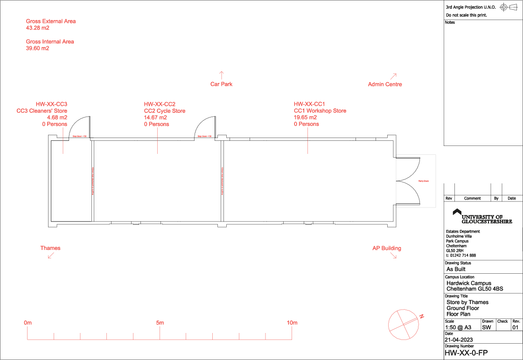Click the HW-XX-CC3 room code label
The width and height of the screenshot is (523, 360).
tap(51, 104)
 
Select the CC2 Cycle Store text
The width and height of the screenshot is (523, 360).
tap(164, 111)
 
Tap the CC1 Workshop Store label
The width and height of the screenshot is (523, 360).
tap(320, 111)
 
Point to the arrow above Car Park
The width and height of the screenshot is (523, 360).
tap(222, 75)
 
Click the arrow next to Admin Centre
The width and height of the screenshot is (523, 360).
tap(393, 76)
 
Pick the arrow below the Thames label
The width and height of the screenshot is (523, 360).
tap(50, 255)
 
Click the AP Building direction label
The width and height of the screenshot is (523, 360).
tap(386, 248)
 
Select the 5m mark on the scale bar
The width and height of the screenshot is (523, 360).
tap(160, 323)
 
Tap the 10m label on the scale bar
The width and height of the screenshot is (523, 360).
tap(292, 323)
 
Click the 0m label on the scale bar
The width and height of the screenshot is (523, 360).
tap(28, 323)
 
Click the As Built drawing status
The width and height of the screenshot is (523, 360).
tap(456, 269)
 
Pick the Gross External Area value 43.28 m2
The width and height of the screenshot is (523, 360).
tap(37, 28)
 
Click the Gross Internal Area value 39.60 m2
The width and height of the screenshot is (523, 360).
tap(37, 48)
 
